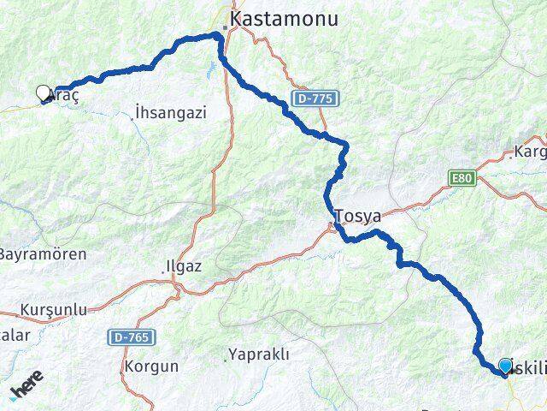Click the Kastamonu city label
(283, 18)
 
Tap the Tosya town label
(358, 216)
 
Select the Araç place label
(64, 97)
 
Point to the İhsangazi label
(171, 112)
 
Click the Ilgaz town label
(185, 266)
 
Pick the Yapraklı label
(259, 354)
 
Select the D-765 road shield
(132, 338)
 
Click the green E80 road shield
(462, 177)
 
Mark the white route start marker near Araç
(44, 92)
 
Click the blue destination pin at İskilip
(506, 367)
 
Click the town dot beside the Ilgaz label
(168, 273)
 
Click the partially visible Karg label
(530, 154)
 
